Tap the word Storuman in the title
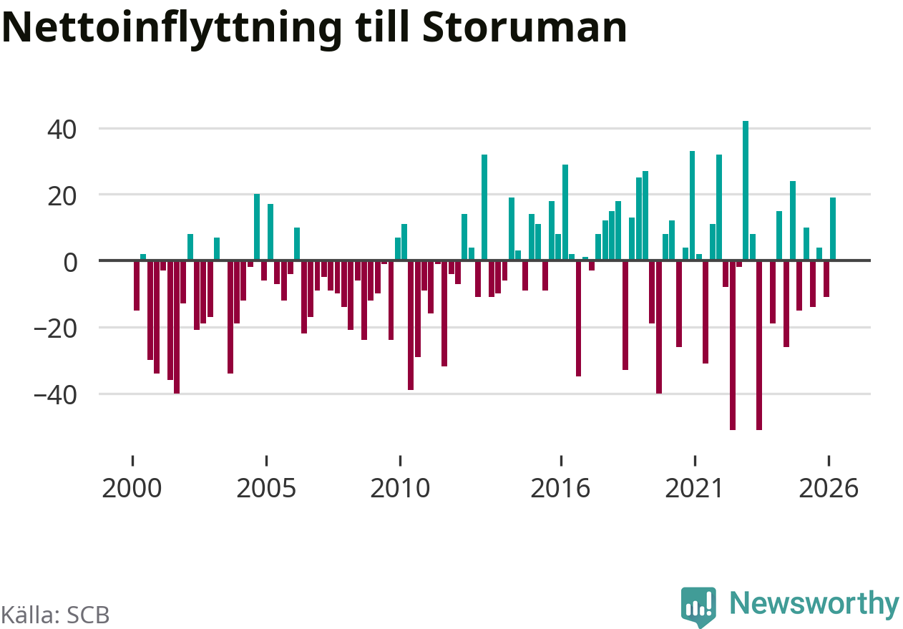click(524, 26)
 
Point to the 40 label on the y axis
click(62, 130)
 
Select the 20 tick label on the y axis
click(62, 197)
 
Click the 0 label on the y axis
click(70, 263)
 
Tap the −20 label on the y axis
click(55, 329)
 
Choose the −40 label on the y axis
click(55, 396)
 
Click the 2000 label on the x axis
click(132, 488)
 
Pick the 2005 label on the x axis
click(266, 488)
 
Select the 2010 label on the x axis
click(400, 488)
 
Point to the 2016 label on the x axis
click(560, 488)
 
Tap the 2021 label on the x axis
click(694, 488)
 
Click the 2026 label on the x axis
click(829, 488)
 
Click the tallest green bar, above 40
click(746, 191)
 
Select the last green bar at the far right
click(833, 229)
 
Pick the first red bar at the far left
click(137, 286)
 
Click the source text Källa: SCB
click(55, 615)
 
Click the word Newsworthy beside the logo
click(814, 604)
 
